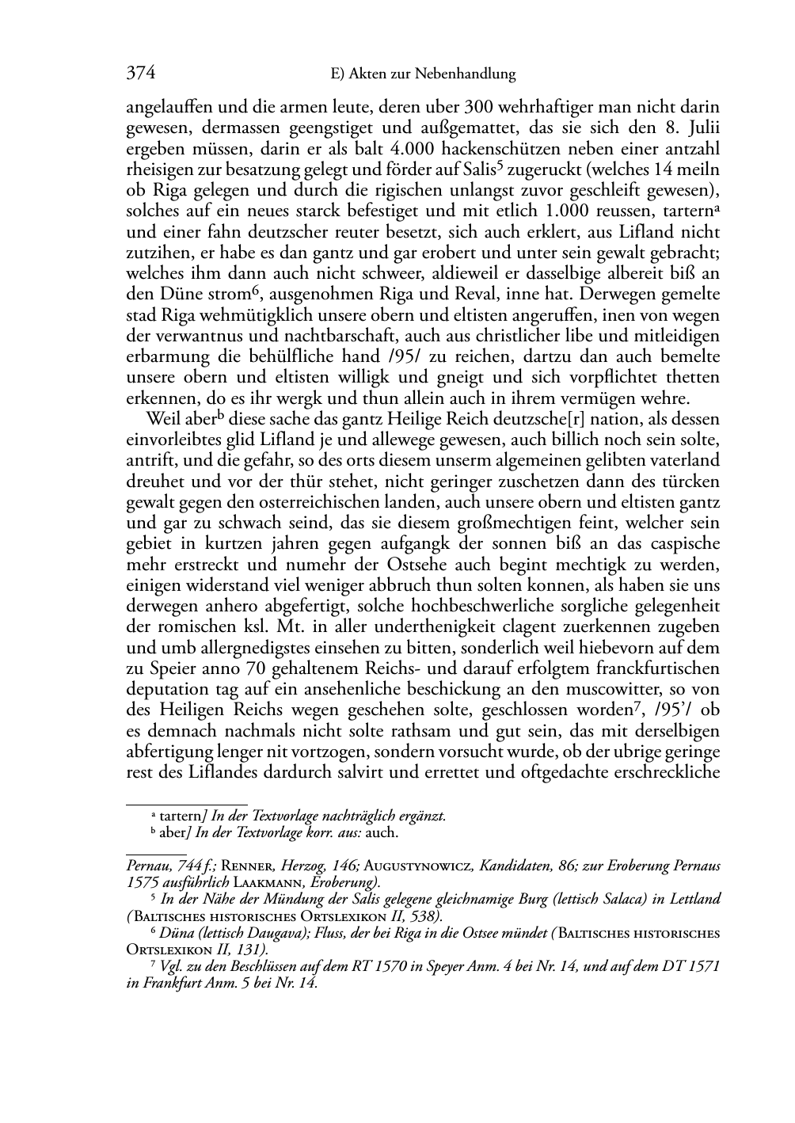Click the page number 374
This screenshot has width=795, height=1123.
[140, 74]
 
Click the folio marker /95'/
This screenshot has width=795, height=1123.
[674, 710]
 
